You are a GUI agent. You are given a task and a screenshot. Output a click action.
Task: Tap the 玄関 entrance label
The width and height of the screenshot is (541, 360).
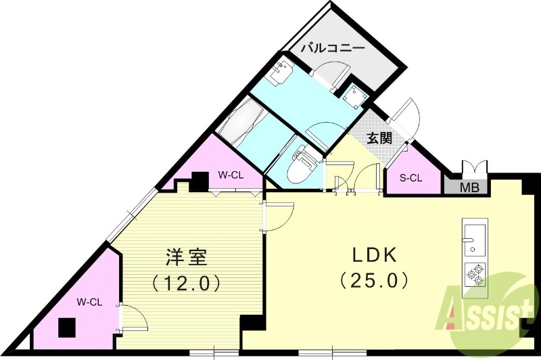[379, 138]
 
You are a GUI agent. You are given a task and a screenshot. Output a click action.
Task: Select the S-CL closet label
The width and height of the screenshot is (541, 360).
[410, 179]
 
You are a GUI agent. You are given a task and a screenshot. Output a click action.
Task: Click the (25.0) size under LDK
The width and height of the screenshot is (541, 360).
[375, 278]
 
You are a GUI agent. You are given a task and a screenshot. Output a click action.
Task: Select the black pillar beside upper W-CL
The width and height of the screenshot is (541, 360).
[199, 181]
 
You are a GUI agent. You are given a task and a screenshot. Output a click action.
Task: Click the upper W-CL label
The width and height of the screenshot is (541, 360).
[230, 175]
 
